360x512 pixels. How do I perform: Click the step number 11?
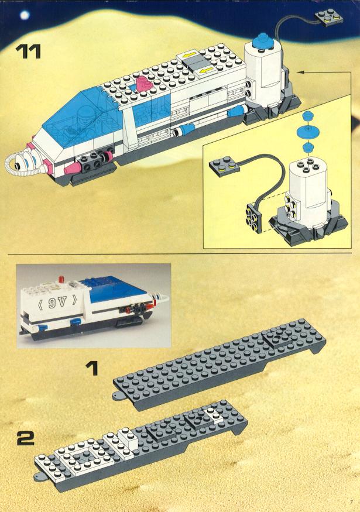[x=28, y=51]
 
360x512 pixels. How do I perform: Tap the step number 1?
[x=92, y=367]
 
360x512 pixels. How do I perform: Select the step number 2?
[x=26, y=438]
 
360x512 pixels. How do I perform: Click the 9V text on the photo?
[x=57, y=302]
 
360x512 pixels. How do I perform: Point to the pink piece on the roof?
[x=144, y=84]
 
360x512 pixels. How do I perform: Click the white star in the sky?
[x=25, y=15]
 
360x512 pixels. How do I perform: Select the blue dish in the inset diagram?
[x=307, y=131]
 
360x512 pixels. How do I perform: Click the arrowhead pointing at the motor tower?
[x=300, y=71]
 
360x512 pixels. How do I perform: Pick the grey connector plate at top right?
[x=328, y=18]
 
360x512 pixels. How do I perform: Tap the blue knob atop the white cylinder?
[x=265, y=40]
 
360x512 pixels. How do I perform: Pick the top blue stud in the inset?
[x=307, y=116]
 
